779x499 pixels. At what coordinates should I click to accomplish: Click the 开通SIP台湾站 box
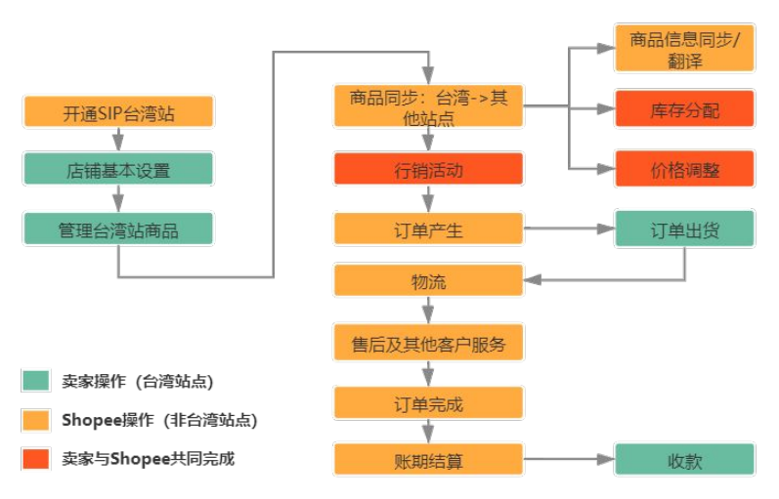click(x=118, y=111)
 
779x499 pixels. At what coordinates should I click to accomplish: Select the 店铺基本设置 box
click(x=118, y=171)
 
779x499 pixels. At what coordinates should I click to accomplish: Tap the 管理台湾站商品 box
click(x=118, y=229)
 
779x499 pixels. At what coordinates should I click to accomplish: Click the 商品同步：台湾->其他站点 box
click(x=428, y=106)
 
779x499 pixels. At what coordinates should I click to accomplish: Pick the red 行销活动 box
click(x=428, y=170)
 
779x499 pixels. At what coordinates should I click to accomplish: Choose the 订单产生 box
click(x=428, y=230)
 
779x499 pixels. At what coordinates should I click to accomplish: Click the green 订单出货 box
click(x=684, y=230)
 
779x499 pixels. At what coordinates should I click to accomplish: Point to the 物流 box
click(x=428, y=281)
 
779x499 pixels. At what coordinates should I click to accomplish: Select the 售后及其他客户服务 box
click(x=428, y=343)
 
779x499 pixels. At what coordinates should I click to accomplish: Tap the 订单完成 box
click(x=428, y=403)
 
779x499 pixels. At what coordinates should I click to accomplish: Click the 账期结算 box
click(x=428, y=461)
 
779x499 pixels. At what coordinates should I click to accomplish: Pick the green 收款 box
click(x=684, y=461)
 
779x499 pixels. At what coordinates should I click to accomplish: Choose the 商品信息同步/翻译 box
click(x=684, y=49)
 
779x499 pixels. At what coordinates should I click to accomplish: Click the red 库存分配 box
click(x=684, y=109)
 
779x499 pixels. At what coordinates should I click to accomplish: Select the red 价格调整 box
click(x=684, y=169)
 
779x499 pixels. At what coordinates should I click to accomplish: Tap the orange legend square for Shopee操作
click(x=35, y=420)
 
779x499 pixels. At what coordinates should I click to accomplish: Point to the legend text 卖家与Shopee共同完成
click(x=148, y=457)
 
